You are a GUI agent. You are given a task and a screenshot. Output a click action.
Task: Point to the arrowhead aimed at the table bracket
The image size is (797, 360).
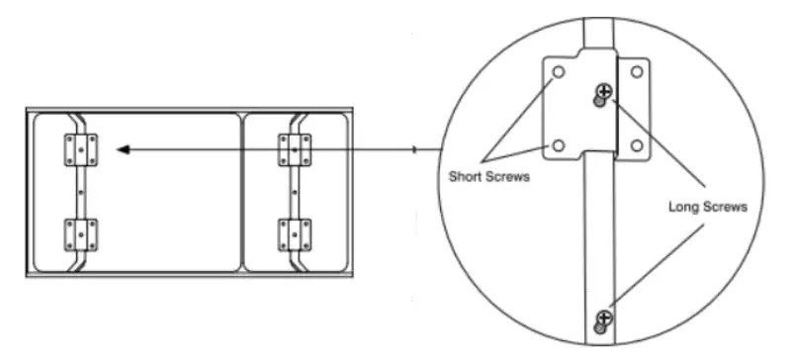click(x=122, y=149)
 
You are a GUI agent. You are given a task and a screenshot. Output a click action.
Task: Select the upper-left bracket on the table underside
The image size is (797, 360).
click(x=79, y=150)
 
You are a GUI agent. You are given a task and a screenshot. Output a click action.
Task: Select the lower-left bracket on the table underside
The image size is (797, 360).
click(x=78, y=235)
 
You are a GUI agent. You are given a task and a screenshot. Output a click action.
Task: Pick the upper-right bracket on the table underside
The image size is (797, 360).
click(x=295, y=150)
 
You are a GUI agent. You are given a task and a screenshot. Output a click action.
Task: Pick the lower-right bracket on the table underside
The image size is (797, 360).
click(x=295, y=235)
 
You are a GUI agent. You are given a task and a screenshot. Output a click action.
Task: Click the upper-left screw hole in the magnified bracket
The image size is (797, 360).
click(x=560, y=73)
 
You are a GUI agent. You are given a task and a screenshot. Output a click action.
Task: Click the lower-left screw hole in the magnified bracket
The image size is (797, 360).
click(x=559, y=146)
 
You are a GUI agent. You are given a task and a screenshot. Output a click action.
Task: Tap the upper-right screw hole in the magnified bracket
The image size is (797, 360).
click(x=636, y=73)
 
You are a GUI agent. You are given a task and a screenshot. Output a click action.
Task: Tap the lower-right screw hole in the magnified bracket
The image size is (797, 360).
click(x=636, y=146)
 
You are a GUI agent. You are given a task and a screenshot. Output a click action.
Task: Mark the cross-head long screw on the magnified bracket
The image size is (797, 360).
click(x=604, y=93)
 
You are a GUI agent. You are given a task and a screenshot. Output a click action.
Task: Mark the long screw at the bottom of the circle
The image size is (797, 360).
click(x=603, y=317)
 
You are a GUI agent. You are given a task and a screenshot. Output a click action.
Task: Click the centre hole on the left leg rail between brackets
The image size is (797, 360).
click(x=78, y=192)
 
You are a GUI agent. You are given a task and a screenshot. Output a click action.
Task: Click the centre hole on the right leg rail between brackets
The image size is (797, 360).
click(x=295, y=192)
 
